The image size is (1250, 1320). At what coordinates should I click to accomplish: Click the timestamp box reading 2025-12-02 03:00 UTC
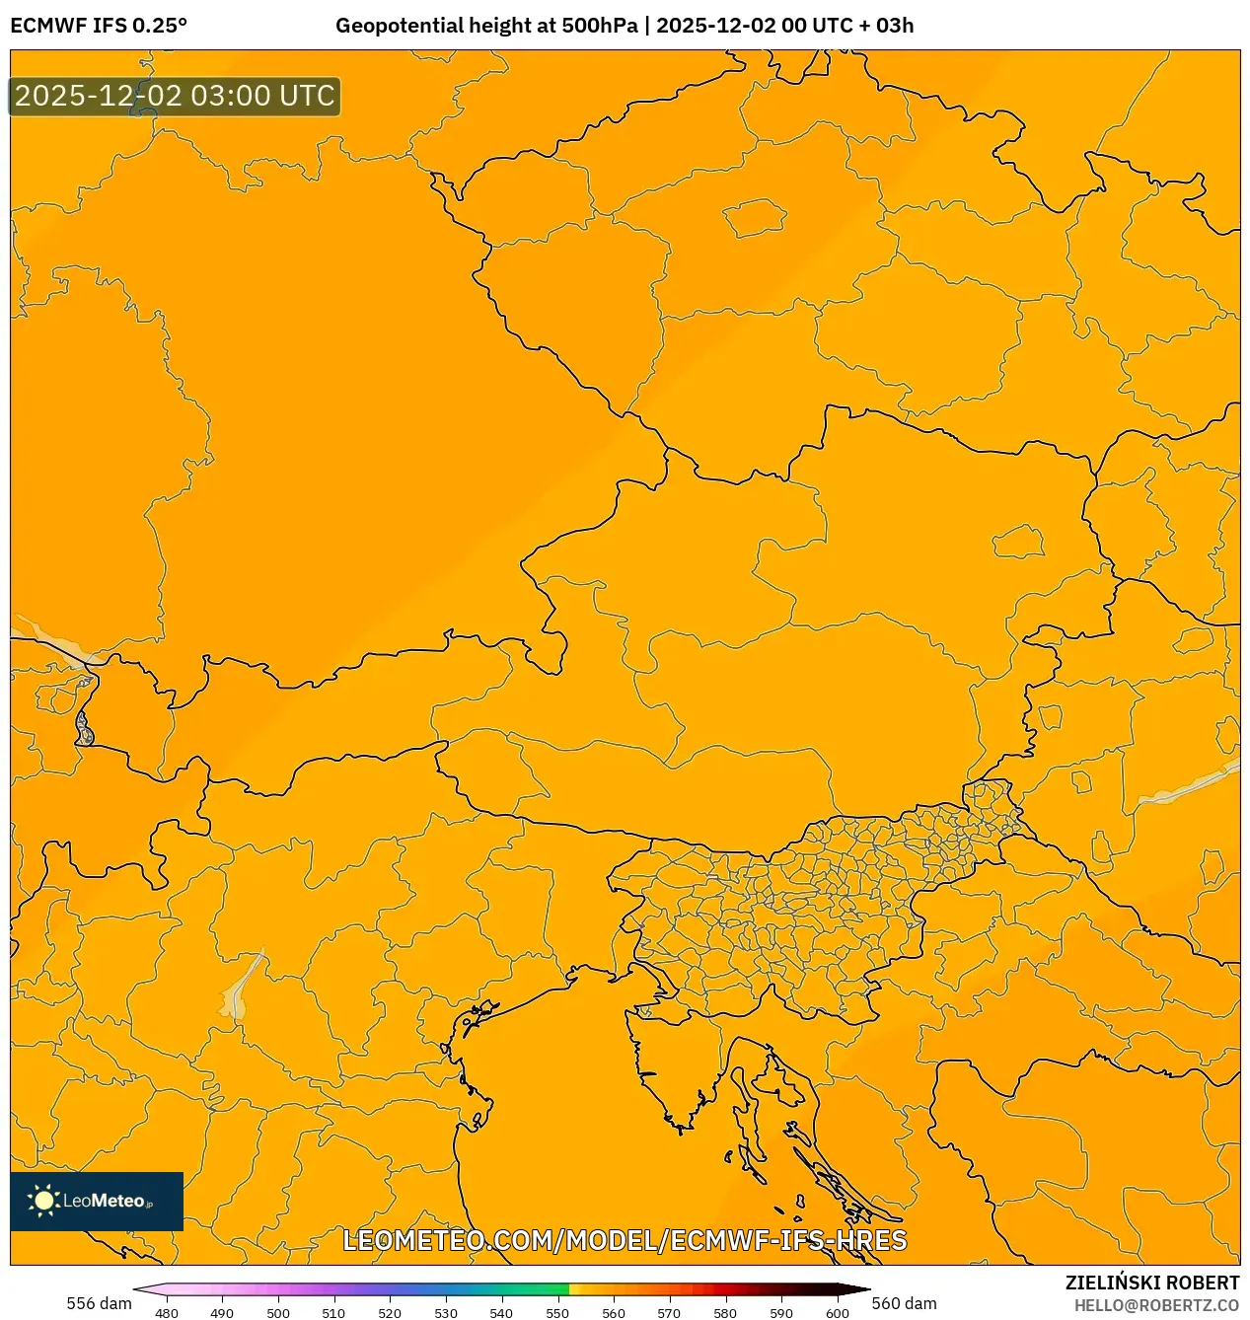coord(175,97)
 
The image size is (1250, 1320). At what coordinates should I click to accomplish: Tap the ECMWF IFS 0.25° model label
coord(99,26)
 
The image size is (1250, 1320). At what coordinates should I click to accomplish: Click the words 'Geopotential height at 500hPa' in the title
coord(486,26)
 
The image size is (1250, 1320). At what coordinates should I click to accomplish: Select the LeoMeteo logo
coord(97,1201)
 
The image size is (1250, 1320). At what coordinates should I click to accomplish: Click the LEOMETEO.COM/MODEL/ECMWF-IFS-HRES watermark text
coord(625,1240)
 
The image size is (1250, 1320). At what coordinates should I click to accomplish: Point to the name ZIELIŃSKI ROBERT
coord(1151,1283)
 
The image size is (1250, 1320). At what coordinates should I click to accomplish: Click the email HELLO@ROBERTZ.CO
coord(1156,1305)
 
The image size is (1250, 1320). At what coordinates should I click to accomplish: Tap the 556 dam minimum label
coord(99,1303)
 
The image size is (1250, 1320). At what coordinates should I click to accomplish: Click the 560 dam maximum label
coord(904,1303)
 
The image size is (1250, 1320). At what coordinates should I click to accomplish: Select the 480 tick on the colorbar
coord(167,1313)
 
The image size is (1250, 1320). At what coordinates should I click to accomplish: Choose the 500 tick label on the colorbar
coord(278,1313)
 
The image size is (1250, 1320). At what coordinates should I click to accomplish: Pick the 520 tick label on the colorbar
coord(390,1313)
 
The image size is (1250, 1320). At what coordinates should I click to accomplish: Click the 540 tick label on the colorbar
coord(501,1313)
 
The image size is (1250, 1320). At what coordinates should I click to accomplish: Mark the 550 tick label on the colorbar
coord(557,1313)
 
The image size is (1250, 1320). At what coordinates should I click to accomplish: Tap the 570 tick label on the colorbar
coord(669,1313)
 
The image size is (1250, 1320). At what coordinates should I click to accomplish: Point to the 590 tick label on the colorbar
coord(780,1313)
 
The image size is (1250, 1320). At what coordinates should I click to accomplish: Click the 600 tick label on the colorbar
coord(837,1313)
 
